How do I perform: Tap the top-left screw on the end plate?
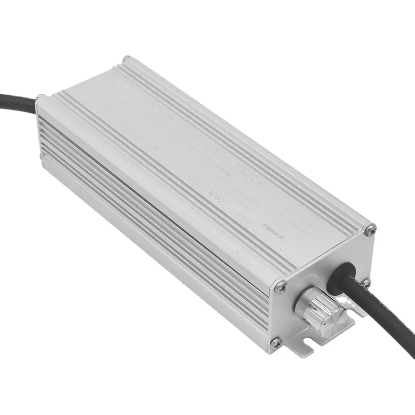pos(281,286)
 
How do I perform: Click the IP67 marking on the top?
pos(214,197)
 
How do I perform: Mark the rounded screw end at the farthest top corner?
pos(125,60)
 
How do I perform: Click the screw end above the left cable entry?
pos(39,98)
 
